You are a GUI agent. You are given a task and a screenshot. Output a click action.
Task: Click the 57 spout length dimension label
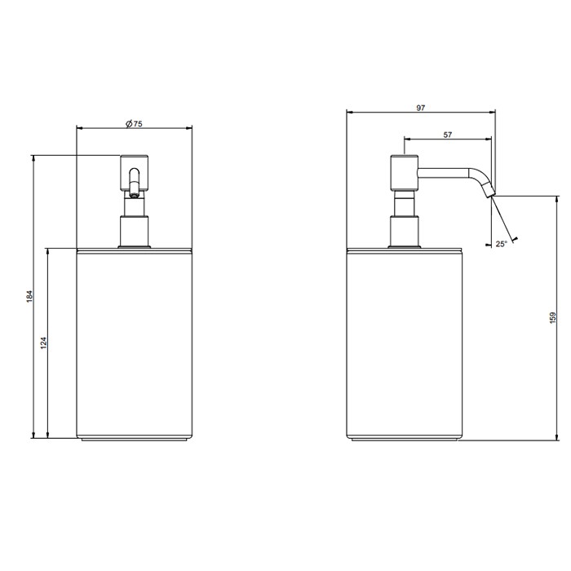449,135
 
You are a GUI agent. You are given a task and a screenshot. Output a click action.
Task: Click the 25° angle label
501,242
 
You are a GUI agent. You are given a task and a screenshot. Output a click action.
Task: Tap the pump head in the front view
134,171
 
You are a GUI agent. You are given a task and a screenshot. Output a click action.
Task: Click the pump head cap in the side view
405,170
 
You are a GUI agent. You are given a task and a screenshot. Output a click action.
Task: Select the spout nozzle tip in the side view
489,192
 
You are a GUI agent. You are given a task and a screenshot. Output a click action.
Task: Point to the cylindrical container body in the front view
135,343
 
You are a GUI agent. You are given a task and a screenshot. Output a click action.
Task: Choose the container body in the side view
405,343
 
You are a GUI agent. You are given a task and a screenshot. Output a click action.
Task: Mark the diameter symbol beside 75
128,123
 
